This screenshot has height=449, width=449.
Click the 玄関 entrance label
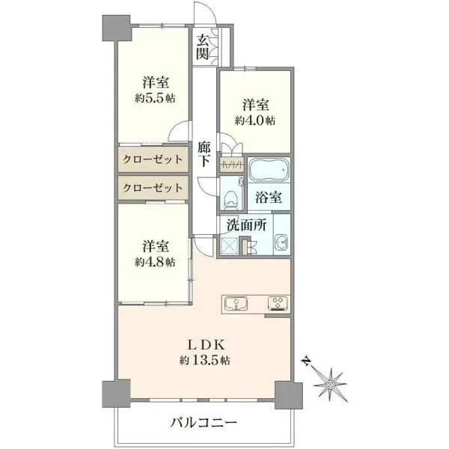coord(203,47)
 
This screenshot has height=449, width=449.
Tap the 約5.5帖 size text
coord(155,99)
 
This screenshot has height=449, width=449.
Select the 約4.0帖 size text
coord(255,120)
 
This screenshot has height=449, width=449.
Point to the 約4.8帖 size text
coord(155,262)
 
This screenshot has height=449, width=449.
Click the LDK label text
coord(205,345)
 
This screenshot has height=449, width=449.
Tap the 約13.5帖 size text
coord(205,360)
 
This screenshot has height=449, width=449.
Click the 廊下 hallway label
coord(204,155)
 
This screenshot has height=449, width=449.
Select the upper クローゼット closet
coord(153,159)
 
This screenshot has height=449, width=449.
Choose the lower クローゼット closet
coord(153,188)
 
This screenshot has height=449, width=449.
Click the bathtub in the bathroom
coord(269,170)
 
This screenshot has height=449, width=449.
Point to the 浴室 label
coord(269,198)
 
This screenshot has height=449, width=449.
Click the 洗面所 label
coord(247,225)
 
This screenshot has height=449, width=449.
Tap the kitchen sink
coord(236,304)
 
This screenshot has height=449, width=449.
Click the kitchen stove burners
coord(277,304)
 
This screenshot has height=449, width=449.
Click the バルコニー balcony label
coord(204,423)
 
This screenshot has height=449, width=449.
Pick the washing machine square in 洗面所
coord(229,245)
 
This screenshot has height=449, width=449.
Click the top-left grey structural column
coord(117,28)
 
